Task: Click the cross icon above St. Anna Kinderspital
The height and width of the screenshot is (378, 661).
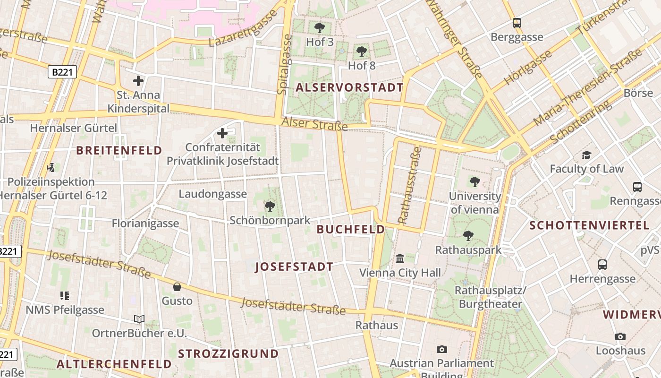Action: (138, 81)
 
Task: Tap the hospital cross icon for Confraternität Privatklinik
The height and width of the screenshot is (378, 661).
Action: (222, 133)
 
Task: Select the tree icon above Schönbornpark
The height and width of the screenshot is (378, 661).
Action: (270, 206)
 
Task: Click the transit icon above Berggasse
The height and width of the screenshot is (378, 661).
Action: (517, 23)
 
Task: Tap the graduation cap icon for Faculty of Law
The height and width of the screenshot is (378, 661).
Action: (586, 155)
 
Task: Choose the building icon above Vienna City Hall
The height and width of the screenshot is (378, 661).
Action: (400, 258)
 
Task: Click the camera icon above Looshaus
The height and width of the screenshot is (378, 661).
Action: (620, 336)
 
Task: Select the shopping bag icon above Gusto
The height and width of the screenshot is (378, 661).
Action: (177, 287)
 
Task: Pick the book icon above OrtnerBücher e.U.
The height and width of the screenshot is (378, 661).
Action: (139, 319)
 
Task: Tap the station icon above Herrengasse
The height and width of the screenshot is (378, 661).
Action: (602, 265)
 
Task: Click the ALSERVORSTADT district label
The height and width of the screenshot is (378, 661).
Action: (349, 87)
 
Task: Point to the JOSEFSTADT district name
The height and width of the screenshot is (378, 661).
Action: (294, 267)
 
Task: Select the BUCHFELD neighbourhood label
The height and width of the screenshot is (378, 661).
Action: (350, 230)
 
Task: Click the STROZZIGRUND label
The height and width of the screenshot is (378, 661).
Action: (228, 354)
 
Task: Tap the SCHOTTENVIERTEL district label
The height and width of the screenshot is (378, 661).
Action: (589, 225)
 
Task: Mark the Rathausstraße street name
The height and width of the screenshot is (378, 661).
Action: (409, 185)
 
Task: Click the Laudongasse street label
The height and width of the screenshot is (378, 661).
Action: (212, 194)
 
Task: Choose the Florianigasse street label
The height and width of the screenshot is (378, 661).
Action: (145, 223)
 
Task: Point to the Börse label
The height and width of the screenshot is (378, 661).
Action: (638, 93)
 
